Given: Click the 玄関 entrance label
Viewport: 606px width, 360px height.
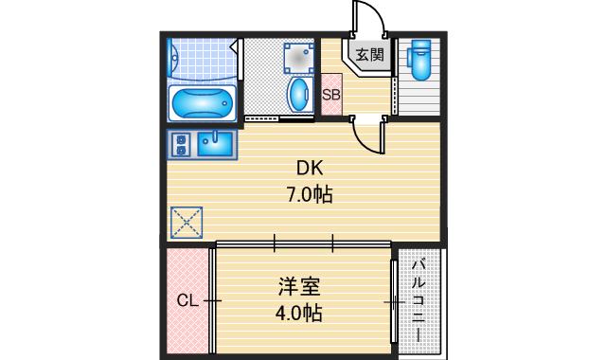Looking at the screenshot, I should (370, 55).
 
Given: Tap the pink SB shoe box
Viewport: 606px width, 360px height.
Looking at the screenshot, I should (331, 95).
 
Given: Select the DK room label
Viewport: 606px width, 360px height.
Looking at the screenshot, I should (311, 170).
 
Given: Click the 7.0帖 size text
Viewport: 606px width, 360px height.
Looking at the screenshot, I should (311, 194).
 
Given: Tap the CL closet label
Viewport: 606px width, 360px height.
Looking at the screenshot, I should (187, 301).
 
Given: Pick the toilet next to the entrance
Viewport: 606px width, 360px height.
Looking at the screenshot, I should (419, 59).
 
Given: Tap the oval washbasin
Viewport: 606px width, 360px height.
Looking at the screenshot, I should (298, 94).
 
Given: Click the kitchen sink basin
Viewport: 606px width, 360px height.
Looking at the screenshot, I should (218, 143).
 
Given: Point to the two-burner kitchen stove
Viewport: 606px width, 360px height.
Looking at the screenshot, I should (181, 144).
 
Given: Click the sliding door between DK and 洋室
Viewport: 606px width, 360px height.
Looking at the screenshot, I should (303, 243).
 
